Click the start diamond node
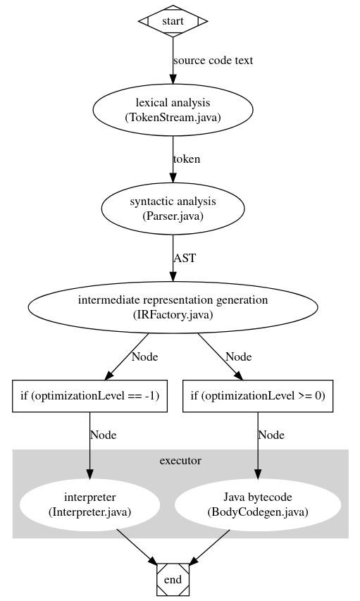point(173,21)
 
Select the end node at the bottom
point(173,579)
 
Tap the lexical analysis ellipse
point(173,110)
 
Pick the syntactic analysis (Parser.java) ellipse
point(173,209)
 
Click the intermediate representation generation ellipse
point(173,307)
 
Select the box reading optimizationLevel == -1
point(89,396)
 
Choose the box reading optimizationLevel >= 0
point(257,396)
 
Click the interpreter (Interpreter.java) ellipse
point(89,504)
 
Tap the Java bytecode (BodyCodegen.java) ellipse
point(257,504)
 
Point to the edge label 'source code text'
point(213,61)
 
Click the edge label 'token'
point(187,159)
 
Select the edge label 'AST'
point(185,258)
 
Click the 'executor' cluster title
point(180,461)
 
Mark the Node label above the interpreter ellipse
point(103,435)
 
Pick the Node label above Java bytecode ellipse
point(271,435)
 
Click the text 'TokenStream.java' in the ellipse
point(173,117)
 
